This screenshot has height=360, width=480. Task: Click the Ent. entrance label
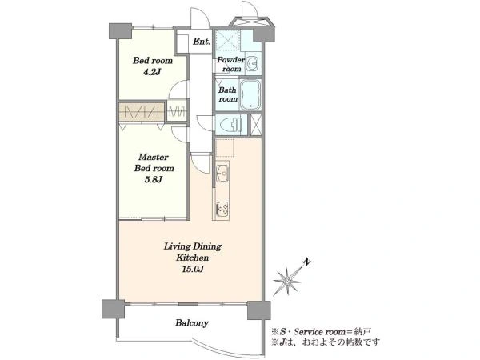coord(202,42)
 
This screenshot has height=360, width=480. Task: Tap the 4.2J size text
coord(152,72)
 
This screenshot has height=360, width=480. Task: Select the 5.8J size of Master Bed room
coord(154,179)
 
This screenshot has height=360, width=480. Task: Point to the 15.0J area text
coord(193,269)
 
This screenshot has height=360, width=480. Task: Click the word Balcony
coord(192,323)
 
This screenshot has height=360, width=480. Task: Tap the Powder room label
coord(231,64)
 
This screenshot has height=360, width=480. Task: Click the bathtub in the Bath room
coord(250,95)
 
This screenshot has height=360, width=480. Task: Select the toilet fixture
coord(232,125)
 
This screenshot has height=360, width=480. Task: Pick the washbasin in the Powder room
coord(253,64)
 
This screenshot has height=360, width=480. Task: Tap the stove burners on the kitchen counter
coord(222,209)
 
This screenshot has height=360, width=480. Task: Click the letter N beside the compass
coord(307,262)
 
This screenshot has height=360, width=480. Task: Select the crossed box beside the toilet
coord(256,125)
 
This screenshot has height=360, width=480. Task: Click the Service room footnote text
coord(322,332)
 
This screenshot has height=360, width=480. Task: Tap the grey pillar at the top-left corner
coord(120,31)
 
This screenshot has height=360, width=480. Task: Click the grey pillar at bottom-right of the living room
coord(258,310)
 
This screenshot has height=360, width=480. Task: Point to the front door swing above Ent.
coord(200,18)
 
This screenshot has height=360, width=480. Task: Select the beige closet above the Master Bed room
coord(142,111)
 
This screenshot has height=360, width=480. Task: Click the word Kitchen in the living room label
coord(193,258)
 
